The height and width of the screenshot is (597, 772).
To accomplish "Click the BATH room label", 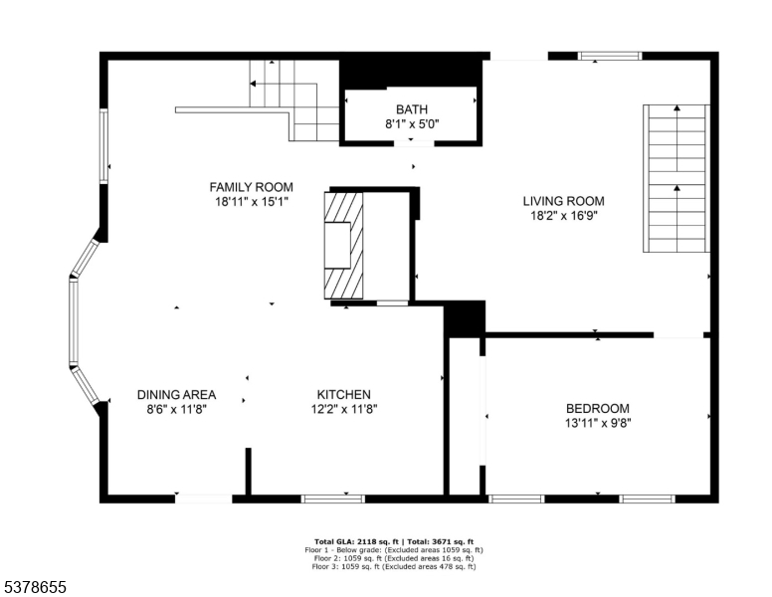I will pyautogui.click(x=411, y=109).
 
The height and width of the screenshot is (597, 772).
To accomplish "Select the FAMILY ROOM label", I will pyautogui.click(x=251, y=187).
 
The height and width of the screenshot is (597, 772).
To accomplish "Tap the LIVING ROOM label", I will pyautogui.click(x=563, y=201).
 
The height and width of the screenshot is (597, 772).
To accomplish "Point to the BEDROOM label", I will pyautogui.click(x=597, y=408).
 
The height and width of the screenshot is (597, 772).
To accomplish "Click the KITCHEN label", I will pyautogui.click(x=344, y=394).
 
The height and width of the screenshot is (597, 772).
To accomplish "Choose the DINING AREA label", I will pyautogui.click(x=176, y=394).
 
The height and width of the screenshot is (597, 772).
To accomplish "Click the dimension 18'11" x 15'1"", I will pyautogui.click(x=251, y=202).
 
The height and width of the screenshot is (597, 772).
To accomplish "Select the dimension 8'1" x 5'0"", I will pyautogui.click(x=411, y=124).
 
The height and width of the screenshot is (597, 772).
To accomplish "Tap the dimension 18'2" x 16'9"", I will pyautogui.click(x=563, y=216).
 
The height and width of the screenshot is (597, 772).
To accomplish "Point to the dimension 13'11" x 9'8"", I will pyautogui.click(x=597, y=423).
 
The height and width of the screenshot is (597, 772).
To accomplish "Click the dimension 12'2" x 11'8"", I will pyautogui.click(x=344, y=409).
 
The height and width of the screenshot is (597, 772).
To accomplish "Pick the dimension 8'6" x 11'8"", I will pyautogui.click(x=176, y=409).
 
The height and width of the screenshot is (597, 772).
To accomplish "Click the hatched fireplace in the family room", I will pyautogui.click(x=343, y=244).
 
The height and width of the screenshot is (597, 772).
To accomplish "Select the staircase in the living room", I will pyautogui.click(x=676, y=179).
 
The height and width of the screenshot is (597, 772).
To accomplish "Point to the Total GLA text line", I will pyautogui.click(x=394, y=541).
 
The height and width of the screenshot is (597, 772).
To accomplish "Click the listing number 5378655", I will pyautogui.click(x=34, y=588).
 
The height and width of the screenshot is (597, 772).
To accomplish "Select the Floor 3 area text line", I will pyautogui.click(x=394, y=567).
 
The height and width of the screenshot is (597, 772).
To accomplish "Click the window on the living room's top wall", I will pyautogui.click(x=610, y=57).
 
